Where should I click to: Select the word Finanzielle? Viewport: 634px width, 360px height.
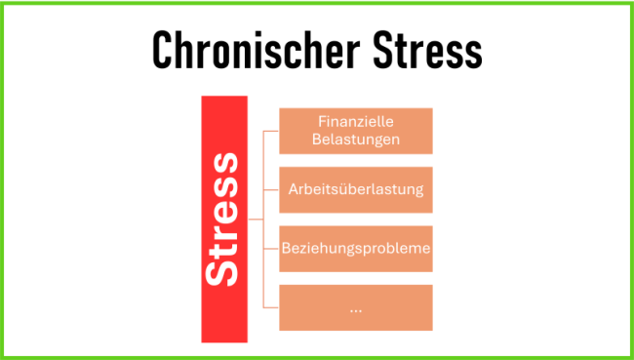356,122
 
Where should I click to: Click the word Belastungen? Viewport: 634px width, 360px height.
356,140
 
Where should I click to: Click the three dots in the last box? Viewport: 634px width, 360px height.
356,308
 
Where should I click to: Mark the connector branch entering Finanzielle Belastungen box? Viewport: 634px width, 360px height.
270,131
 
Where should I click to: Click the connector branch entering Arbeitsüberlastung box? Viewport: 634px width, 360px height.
270,189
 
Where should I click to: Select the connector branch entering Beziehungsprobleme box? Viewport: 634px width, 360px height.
270,249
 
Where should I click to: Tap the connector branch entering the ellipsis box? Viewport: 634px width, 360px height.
270,307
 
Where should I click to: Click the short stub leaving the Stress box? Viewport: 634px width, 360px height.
256,220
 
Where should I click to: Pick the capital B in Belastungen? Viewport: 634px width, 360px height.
317,140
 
